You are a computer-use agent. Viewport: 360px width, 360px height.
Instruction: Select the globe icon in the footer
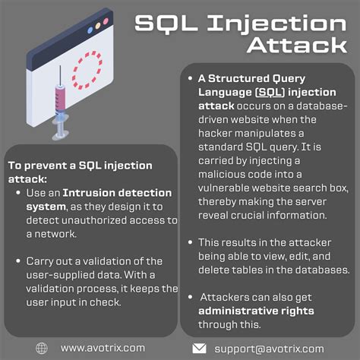click(x=41, y=347)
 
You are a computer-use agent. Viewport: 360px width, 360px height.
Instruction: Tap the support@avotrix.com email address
click(x=269, y=347)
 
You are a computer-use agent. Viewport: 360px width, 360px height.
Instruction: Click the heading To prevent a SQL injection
click(x=80, y=165)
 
